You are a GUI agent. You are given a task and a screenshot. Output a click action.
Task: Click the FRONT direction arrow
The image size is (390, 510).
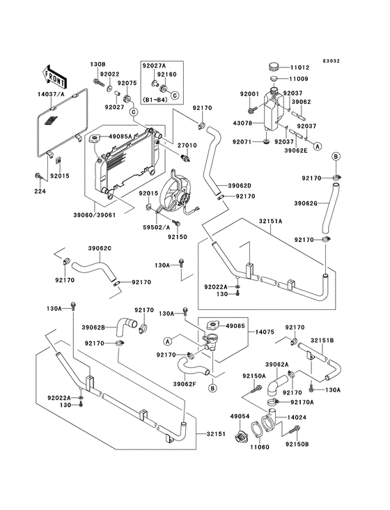click(x=54, y=77)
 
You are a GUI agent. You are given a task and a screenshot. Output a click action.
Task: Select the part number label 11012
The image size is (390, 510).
click(x=299, y=68)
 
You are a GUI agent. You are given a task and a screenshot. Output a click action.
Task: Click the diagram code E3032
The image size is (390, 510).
click(x=331, y=61)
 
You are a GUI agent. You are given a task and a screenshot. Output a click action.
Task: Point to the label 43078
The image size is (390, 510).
click(x=243, y=123)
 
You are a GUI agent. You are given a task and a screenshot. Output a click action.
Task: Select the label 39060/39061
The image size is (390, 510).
click(x=94, y=215)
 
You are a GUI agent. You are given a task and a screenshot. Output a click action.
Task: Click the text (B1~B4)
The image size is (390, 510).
click(x=155, y=100)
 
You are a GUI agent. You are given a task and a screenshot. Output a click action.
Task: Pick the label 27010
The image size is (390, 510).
click(x=187, y=145)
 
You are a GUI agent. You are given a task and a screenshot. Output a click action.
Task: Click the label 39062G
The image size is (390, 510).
click(x=306, y=203)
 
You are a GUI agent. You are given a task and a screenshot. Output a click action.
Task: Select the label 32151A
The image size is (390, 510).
click(x=270, y=221)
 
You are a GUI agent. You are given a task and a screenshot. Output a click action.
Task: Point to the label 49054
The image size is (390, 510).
click(x=240, y=416)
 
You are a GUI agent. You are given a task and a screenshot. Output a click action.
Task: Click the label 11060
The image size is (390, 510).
click(x=260, y=447)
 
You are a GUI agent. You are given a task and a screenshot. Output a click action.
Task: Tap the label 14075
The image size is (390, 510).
click(x=265, y=332)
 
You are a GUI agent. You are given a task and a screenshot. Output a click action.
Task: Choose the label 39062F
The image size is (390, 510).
click(x=185, y=384)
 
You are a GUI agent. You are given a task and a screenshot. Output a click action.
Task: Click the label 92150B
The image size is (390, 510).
click(x=297, y=444)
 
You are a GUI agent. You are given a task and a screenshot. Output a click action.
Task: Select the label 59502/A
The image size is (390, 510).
click(x=156, y=228)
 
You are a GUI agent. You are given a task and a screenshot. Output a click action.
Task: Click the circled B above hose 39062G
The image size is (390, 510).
click(x=336, y=157)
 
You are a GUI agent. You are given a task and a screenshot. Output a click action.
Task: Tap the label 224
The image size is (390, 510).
click(x=40, y=191)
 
